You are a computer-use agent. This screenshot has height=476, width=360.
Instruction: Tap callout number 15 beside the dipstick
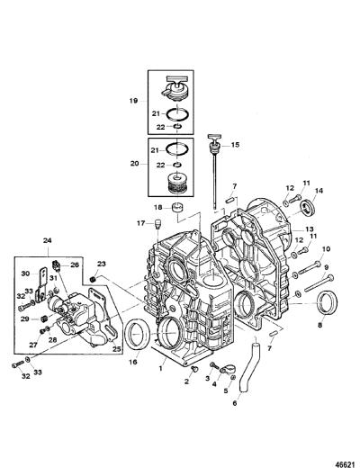click(x=235, y=145)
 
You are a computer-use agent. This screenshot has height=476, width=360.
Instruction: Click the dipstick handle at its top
click(x=213, y=137)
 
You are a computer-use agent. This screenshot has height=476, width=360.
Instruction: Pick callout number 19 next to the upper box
click(x=133, y=101)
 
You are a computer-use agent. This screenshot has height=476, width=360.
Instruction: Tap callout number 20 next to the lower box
click(x=134, y=164)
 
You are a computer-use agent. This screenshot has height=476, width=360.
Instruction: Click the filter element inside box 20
click(x=177, y=183)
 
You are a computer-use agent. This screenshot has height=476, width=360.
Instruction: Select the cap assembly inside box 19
click(x=175, y=88)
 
